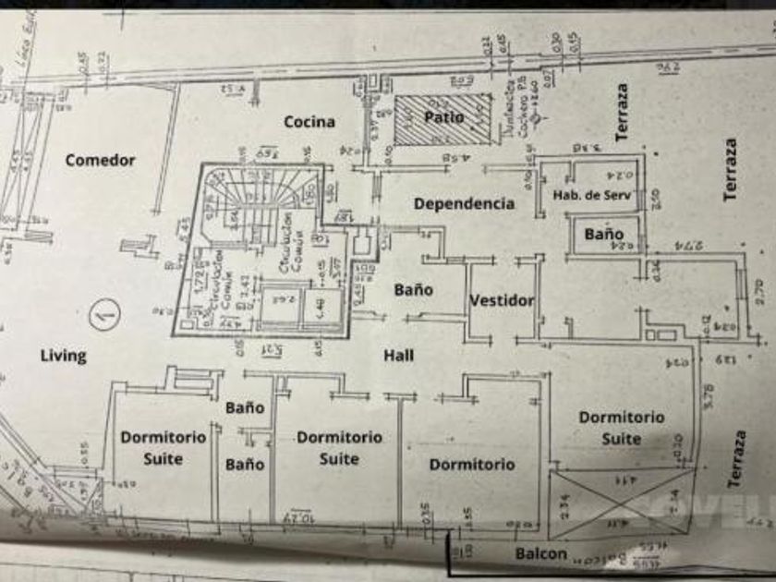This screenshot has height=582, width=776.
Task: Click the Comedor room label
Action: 100,160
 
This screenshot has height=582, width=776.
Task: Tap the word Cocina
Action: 309,121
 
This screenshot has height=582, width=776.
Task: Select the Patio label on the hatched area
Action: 444,117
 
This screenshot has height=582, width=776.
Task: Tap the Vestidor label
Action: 502,300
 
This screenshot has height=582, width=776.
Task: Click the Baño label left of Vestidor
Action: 414,289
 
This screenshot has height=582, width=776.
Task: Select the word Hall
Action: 399,355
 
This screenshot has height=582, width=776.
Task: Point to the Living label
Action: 64,355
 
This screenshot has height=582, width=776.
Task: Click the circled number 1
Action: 105,317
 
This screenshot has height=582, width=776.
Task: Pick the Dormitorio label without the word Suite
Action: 471,465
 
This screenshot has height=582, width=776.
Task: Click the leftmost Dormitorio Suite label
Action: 164,447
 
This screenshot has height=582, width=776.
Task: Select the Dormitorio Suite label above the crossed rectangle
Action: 622,428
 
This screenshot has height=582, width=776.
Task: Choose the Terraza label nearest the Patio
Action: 623,113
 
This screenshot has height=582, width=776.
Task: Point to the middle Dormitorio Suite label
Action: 339,447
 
